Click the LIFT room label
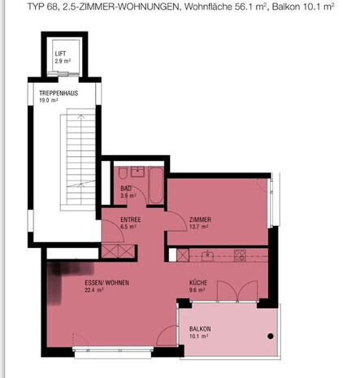pos(60,54)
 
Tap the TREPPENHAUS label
pos(59,93)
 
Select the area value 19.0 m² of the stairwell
pos(49,100)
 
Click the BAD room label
pos(126,189)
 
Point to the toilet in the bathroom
pos(123,173)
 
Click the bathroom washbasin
pos(137,172)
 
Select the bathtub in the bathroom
pos(156,185)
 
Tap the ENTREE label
pos(131,219)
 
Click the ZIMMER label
pos(200,219)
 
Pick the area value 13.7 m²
pos(198,227)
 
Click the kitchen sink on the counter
pos(207,255)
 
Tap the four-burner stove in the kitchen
pos(240,255)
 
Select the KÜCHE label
pos(198,283)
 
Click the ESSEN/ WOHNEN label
pos(107,283)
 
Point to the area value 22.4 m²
pos(94,290)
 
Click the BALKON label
pos(200,329)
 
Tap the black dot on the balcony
pos(271,337)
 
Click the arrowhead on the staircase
pos(80,116)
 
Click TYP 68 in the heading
pos(43,7)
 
